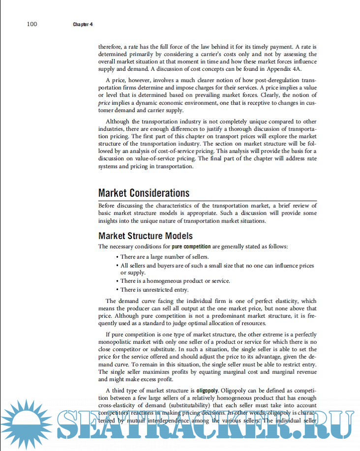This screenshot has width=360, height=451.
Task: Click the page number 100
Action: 32,24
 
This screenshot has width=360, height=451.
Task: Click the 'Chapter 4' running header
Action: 83,25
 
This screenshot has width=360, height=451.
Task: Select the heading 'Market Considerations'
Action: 144,193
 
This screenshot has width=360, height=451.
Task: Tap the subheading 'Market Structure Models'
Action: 145,236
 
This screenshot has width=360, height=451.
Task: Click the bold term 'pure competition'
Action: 191,246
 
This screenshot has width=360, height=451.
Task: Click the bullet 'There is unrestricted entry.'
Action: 154,290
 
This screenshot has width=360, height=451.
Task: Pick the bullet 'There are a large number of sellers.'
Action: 164,257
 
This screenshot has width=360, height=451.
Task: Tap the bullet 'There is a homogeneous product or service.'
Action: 175,281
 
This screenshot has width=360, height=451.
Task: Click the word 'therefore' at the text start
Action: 111,46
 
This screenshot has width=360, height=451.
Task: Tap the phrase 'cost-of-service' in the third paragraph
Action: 195,151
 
